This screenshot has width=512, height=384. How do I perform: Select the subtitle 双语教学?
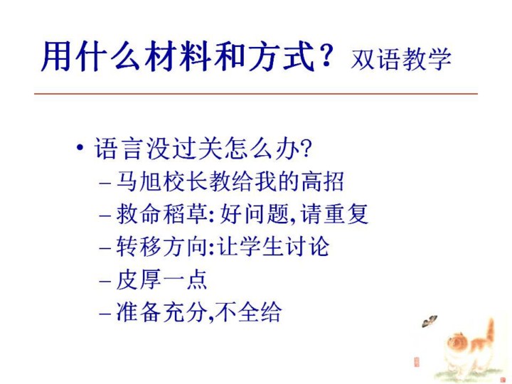click(401, 59)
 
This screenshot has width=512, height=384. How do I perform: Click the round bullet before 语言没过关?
click(80, 148)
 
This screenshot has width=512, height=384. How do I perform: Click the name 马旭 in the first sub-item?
click(139, 181)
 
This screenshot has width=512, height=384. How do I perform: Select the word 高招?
click(322, 181)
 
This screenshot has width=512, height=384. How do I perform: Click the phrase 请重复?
click(334, 214)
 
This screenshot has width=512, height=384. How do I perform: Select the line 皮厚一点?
click(161, 279)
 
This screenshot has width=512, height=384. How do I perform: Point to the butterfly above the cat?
click(429, 321)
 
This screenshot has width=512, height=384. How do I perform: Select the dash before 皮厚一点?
click(105, 281)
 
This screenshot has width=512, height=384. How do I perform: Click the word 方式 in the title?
click(282, 57)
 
